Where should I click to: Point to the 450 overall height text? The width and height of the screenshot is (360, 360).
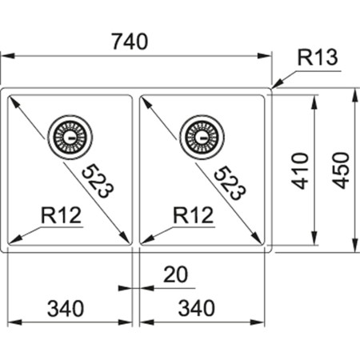pyautogui.click(x=342, y=170)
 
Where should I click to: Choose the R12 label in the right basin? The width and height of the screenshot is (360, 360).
pyautogui.click(x=192, y=214)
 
